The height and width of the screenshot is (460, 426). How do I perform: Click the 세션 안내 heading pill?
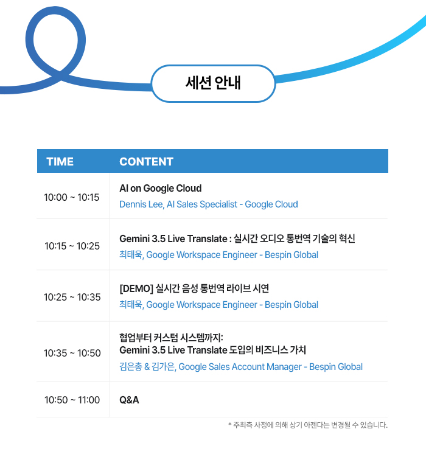tap(213, 83)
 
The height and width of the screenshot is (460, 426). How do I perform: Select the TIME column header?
tap(60, 162)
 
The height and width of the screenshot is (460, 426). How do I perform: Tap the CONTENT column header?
tap(146, 162)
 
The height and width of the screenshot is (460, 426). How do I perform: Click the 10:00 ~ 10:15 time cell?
tap(72, 197)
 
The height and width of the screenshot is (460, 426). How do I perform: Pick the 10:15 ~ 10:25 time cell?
tap(72, 246)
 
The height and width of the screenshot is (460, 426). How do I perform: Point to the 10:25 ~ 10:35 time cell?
tap(72, 297)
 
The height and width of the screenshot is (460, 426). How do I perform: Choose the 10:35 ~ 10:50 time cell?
tap(72, 353)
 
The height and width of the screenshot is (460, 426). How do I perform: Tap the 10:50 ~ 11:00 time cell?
tap(72, 400)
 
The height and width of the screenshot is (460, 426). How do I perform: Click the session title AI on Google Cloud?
tap(161, 189)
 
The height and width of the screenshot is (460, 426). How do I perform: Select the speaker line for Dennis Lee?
tap(209, 204)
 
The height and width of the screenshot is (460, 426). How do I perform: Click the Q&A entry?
tap(129, 400)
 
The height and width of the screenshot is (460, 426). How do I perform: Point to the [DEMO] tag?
tap(136, 288)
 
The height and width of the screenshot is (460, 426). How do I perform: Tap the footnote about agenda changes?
tap(308, 425)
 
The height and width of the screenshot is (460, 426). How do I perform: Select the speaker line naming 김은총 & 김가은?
tap(241, 367)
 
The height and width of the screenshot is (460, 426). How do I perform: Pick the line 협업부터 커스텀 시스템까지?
tap(171, 338)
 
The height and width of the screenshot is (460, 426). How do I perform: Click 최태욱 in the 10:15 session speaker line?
tap(131, 254)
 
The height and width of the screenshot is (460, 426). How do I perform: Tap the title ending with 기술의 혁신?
tap(237, 239)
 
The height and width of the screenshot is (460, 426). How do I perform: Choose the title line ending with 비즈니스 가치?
tap(213, 350)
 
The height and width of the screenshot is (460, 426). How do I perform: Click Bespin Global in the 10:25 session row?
tap(292, 305)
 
